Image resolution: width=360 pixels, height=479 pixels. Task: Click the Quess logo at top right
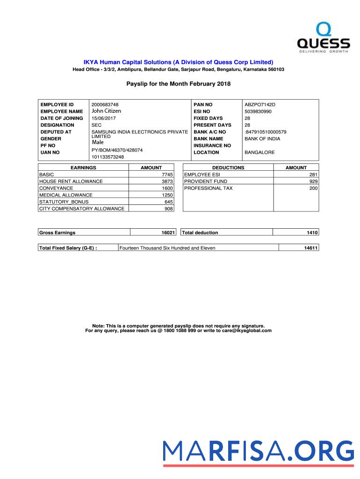click(x=324, y=38)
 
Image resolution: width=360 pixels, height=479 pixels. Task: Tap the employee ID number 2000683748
click(x=105, y=104)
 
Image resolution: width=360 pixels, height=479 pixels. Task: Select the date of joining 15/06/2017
click(x=103, y=118)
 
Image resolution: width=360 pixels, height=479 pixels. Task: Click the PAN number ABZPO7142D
click(x=260, y=104)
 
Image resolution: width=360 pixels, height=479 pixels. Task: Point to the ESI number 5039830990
click(x=258, y=111)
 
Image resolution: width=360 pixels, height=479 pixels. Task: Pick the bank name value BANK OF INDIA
click(x=262, y=139)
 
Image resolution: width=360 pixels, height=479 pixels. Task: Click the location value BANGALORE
click(x=259, y=152)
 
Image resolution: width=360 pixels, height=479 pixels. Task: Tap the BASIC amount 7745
click(x=167, y=174)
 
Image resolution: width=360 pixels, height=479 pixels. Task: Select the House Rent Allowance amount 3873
click(x=167, y=181)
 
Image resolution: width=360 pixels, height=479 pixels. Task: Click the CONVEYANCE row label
click(x=56, y=188)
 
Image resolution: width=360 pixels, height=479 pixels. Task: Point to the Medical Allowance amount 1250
click(x=167, y=195)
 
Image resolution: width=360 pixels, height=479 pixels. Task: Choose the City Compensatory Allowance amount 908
click(x=168, y=209)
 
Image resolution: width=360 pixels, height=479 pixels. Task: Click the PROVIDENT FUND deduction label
click(x=206, y=181)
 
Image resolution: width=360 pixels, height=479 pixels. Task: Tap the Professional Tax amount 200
click(x=313, y=188)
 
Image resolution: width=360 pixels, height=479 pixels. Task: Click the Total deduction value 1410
click(x=312, y=232)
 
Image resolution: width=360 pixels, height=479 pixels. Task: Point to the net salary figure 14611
click(x=311, y=248)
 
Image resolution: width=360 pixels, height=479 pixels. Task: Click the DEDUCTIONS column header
click(x=228, y=167)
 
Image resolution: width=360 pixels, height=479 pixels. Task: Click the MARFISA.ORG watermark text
click(x=259, y=451)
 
